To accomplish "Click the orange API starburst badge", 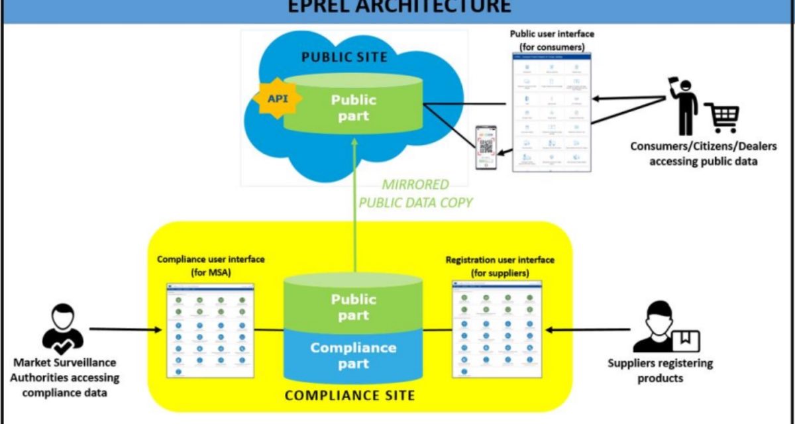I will pos(276,99).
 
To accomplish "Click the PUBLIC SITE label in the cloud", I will pos(344,56).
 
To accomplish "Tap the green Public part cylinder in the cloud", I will pos(353,106).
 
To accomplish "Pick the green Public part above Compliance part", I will pos(353,307).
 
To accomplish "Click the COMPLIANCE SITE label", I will pos(349,396).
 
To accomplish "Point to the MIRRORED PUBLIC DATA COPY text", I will pos(415,193).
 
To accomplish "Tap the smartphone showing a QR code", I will pos(486,148).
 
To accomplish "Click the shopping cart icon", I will pos(721,117).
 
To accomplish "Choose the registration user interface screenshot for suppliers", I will pos(496,329).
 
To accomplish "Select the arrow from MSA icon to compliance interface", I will pos(126,329).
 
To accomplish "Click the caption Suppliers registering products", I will pos(660,370).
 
